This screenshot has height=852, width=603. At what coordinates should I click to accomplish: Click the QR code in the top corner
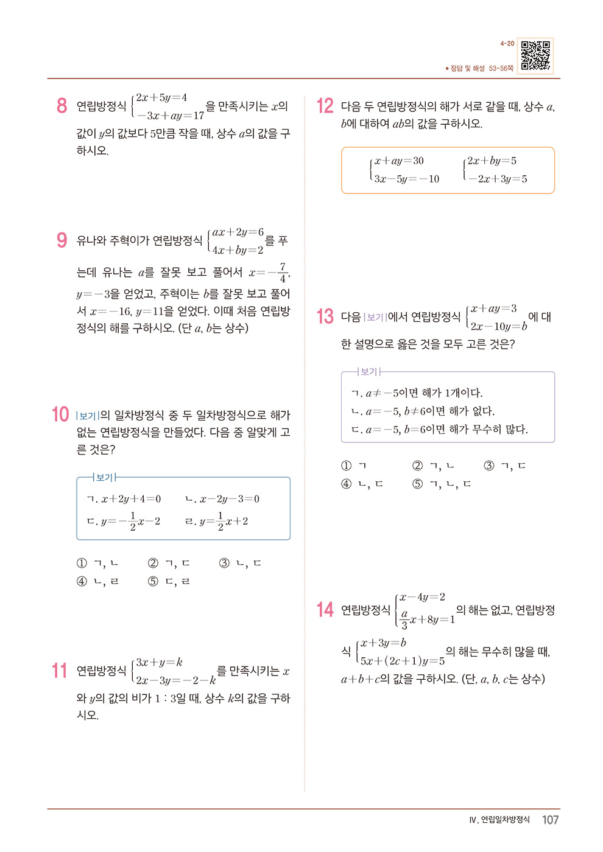coord(535,56)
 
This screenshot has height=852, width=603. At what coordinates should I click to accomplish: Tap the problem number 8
coord(62,106)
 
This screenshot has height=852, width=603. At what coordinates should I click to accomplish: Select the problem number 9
coord(62,240)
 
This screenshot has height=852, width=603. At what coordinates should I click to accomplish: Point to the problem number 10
coord(60,415)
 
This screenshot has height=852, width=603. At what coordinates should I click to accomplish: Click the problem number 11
coord(60,671)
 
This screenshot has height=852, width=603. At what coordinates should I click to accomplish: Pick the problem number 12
coord(325,106)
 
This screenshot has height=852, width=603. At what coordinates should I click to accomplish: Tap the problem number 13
coord(325,316)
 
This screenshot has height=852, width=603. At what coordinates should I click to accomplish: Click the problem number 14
coord(325,610)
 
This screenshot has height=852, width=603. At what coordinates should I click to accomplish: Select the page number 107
coord(550,820)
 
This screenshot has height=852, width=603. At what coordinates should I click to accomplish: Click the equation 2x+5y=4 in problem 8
coord(161,97)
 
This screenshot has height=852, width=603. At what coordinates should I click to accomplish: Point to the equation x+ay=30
coord(399,161)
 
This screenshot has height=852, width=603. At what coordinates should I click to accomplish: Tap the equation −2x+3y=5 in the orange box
coord(498,179)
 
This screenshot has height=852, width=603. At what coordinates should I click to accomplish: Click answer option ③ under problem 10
coord(240,563)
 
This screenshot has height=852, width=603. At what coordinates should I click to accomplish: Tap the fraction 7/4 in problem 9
coord(283,273)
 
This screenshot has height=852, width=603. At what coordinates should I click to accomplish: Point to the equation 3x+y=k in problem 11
coord(159,662)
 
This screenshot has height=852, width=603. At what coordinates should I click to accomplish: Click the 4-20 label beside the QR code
coord(507,44)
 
